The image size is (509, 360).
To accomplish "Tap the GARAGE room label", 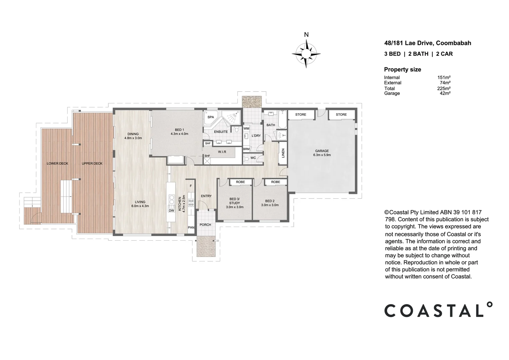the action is coord(322,151).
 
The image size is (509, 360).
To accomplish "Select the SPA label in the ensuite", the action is coord(211,117).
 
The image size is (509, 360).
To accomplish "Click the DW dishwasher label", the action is coord(172,211).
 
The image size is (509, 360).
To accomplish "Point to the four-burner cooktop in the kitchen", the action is coord(191,203).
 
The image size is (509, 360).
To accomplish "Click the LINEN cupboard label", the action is coord(283,153).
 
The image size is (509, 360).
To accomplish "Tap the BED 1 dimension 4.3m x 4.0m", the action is coord(179,134).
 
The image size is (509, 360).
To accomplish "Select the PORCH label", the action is coord(205,225).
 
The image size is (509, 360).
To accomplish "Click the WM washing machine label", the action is coord(246,128).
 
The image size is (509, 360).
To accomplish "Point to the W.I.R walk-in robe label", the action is coord(222,152).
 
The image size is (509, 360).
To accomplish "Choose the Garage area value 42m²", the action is coord(445,93).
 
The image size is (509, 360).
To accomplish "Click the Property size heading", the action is coord(402,69).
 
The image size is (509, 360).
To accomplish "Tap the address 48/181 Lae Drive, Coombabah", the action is coord(427,43).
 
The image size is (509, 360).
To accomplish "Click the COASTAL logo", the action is coord(438,310).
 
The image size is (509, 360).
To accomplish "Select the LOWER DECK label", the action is coord(57,164).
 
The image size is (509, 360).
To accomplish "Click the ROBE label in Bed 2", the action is coord(275,182).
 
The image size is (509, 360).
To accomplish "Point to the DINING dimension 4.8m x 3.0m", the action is coord(133,138).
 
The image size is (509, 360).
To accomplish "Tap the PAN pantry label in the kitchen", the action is coord(191,227).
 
